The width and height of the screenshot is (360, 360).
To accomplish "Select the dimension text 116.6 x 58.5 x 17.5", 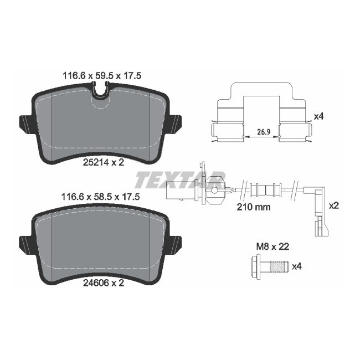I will [x=100, y=197].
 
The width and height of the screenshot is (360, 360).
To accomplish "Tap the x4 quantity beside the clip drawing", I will [x=318, y=116].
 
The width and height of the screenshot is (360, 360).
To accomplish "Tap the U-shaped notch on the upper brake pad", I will [x=100, y=92].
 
